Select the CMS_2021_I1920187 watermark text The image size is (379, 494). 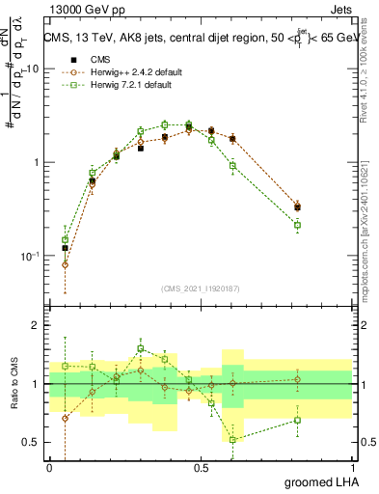coord(201,288)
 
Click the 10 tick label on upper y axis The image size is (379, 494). coord(33,69)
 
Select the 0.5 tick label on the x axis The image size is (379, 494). coord(201,467)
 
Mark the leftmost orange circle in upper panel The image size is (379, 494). coord(65,264)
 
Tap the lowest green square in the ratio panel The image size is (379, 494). coord(232,439)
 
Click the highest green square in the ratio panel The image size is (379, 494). coord(141,348)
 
